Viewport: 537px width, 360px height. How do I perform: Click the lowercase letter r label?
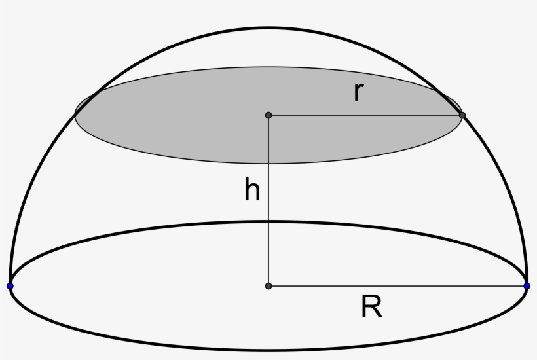coord(358,93)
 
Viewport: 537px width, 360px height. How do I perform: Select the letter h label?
coord(252,190)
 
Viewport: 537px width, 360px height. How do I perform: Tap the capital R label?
coord(371,307)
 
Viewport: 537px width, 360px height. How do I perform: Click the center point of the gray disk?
coord(268,115)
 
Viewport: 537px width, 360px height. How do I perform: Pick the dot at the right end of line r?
coord(462,115)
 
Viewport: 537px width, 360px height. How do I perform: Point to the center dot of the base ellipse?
coord(268,286)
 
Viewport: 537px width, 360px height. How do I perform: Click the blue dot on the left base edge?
coord(10,286)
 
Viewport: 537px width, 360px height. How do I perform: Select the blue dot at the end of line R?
coord(527,286)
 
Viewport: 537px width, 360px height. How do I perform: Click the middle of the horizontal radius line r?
coord(365,115)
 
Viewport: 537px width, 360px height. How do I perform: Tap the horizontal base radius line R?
coord(398,286)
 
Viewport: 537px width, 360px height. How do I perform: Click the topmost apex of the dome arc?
coord(268,28)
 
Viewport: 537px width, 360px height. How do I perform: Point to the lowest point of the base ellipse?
coord(268,350)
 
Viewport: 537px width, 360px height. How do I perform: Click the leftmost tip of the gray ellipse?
coord(75,115)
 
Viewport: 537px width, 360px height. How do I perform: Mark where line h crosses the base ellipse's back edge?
coord(268,221)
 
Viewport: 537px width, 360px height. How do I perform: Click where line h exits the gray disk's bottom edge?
coord(268,164)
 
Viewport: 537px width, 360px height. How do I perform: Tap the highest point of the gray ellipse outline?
coord(268,67)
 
